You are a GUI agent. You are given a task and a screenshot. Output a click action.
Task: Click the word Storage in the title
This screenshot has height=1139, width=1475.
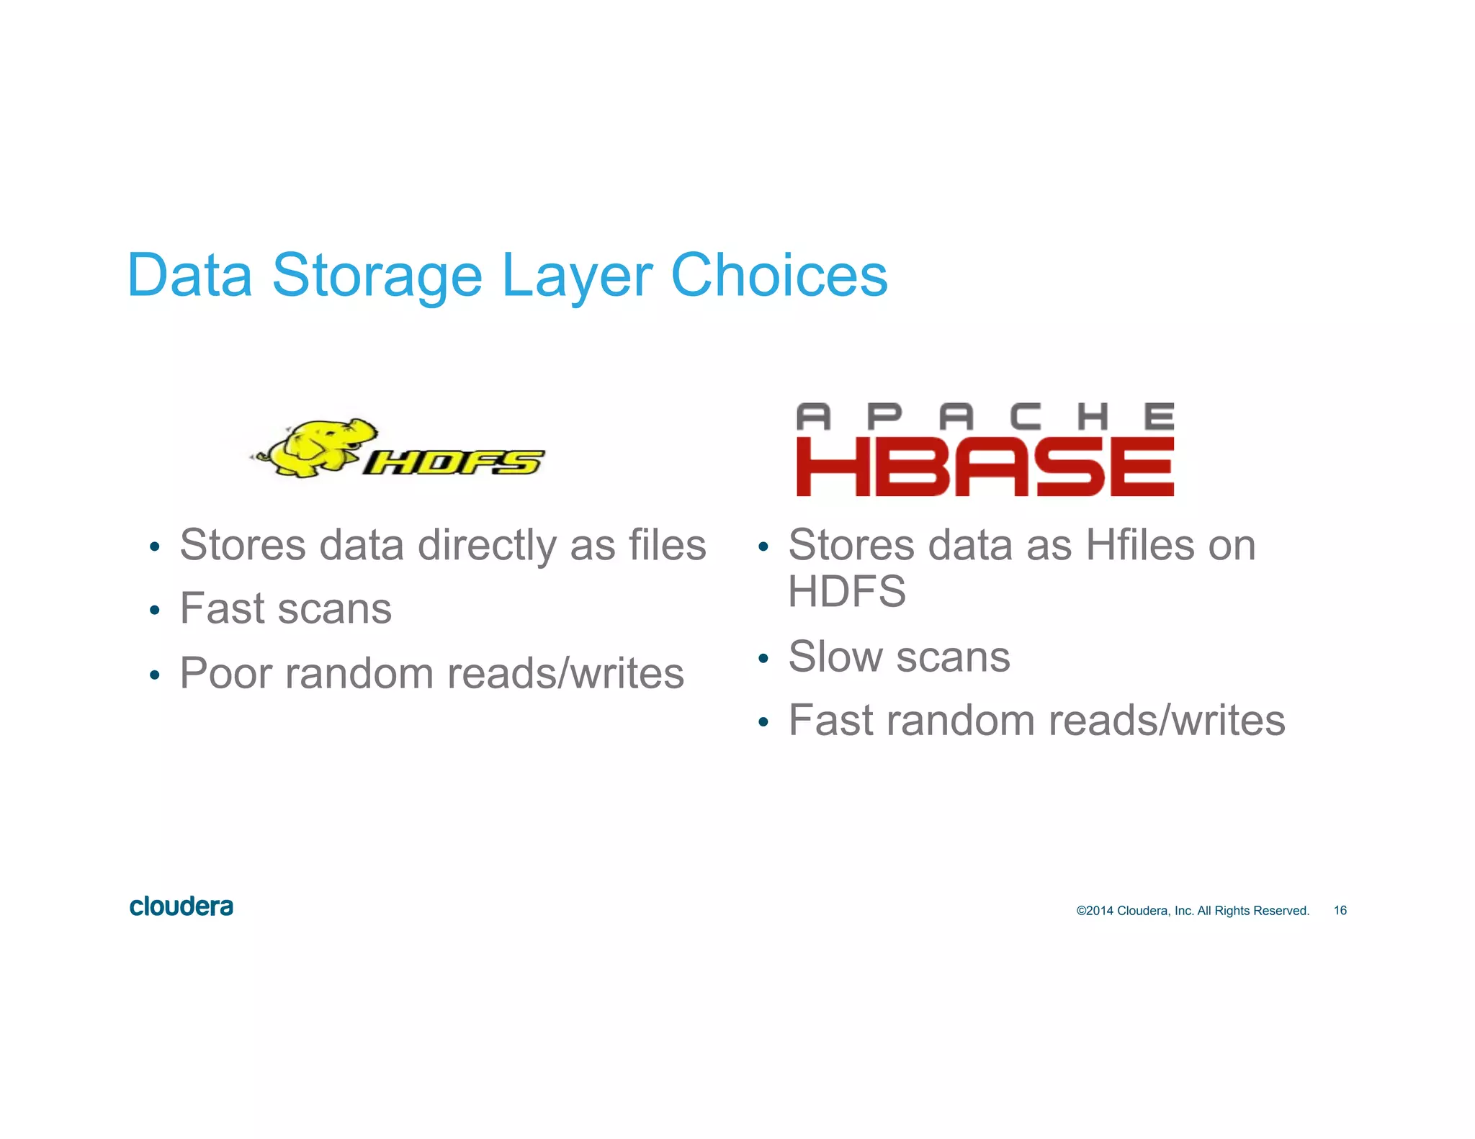[x=376, y=276]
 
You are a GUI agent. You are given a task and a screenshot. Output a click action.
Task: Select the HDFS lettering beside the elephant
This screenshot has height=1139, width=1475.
[x=453, y=462]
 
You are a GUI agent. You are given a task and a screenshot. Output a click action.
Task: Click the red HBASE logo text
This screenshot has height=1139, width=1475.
[x=985, y=467]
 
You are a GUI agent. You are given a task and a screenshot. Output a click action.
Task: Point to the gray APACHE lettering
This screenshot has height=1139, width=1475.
[x=985, y=417]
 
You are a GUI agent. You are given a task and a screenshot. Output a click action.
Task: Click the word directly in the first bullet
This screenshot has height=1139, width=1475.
[x=487, y=545]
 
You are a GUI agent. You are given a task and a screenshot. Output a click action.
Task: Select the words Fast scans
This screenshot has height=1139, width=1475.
[x=285, y=608]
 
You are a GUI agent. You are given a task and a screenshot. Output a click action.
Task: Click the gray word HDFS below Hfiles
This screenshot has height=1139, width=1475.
[x=847, y=592]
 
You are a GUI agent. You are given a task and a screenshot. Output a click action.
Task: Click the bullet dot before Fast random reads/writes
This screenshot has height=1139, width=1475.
[x=763, y=722]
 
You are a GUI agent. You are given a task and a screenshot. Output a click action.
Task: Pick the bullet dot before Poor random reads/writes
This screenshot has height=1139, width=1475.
[x=154, y=675]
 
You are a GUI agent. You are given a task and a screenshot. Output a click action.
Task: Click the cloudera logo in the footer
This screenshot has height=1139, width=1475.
[x=181, y=906]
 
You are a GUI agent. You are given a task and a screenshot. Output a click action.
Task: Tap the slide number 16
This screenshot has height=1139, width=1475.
[x=1340, y=911]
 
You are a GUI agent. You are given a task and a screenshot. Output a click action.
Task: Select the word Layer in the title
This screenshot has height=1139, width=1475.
[x=577, y=276]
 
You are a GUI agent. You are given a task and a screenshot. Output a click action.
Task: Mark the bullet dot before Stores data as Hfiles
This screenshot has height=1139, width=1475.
[x=763, y=547]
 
